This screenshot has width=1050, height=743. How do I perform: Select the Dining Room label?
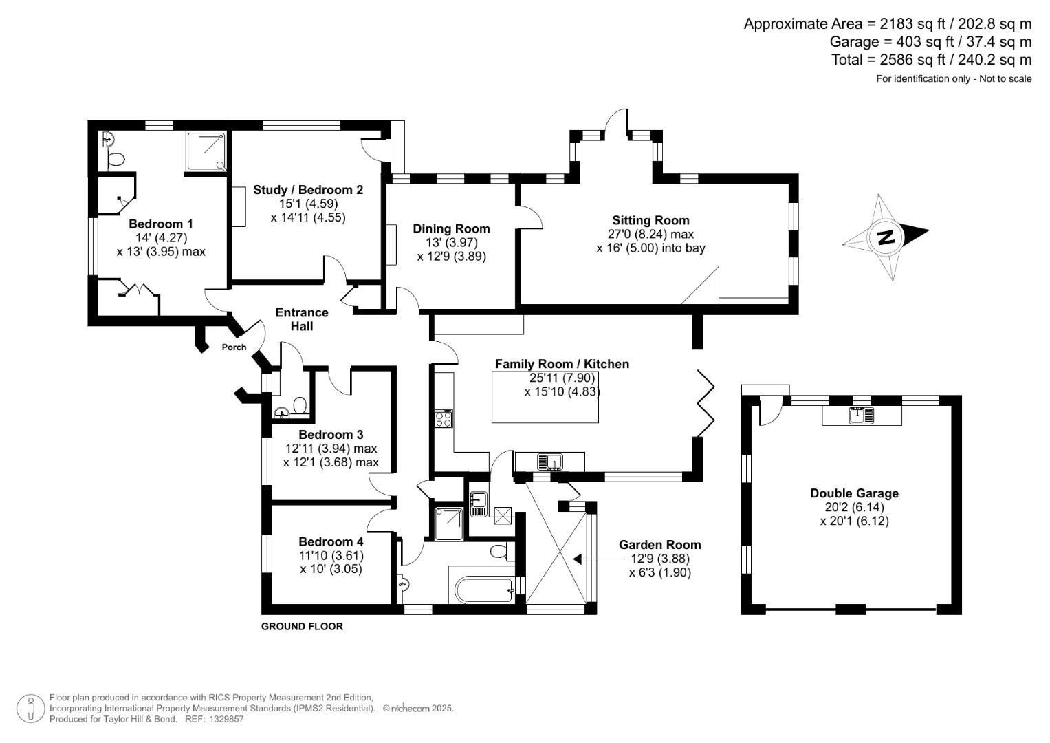coord(451,228)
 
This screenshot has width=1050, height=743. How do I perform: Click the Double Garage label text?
coord(854,493)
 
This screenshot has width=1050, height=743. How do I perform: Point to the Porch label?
coord(234,347)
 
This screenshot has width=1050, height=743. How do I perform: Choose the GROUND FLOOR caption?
coord(302,627)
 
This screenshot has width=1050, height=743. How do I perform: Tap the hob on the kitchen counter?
coord(444,418)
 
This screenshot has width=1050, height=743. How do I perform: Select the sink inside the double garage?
coord(861,416)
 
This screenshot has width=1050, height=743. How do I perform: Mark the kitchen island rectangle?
coord(545,396)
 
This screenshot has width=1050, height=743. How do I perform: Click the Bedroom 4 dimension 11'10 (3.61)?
coord(331,556)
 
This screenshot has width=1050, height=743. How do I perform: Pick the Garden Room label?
coord(659,545)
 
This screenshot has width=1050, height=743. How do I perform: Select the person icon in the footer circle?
coord(30,709)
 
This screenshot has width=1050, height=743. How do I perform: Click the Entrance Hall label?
coord(302,319)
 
